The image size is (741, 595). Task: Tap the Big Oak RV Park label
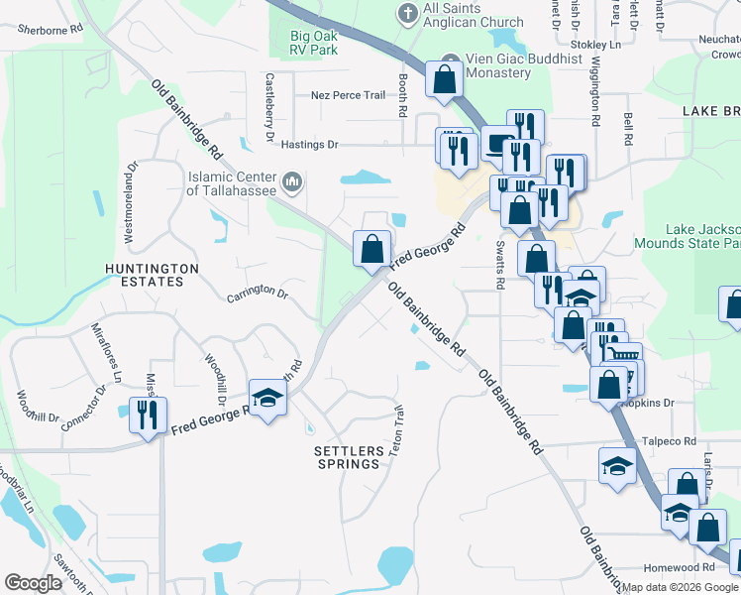303,41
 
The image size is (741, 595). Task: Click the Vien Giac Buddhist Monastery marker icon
452,59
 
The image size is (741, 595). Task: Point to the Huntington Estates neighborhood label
153,275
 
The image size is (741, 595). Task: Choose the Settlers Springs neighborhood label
348,457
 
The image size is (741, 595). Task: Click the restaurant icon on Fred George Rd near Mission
148,414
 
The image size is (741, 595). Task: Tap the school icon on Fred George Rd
266,400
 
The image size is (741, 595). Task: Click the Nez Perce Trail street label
347,95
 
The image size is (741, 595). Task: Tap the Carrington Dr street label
257,295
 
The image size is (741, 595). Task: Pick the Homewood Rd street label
679,567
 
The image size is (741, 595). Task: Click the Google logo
35,583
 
